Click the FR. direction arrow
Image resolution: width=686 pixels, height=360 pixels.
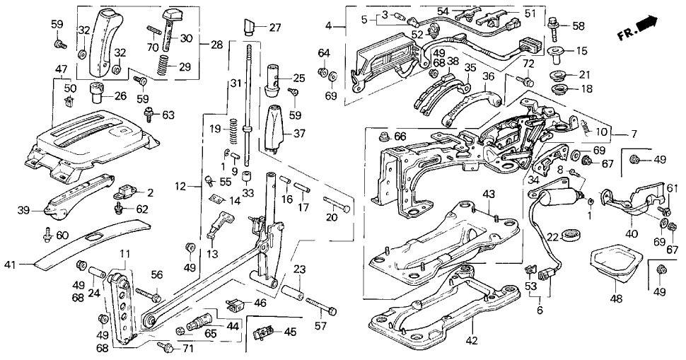pos(646,27)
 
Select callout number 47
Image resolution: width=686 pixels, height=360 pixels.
pos(62,69)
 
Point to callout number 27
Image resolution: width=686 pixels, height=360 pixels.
pos(275,28)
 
